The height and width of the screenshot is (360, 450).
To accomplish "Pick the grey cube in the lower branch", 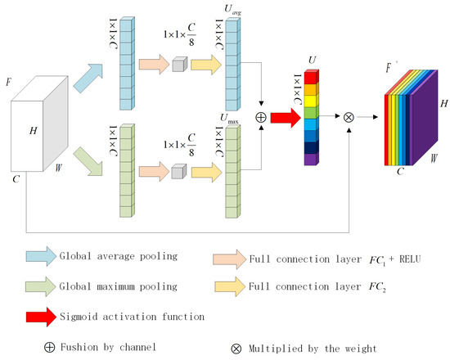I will (x=180, y=170).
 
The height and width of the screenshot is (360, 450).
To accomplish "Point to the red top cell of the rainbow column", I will (x=308, y=77).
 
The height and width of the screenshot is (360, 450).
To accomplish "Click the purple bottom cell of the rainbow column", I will (x=308, y=160).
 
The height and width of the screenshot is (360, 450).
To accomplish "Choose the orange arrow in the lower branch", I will (x=154, y=170).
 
